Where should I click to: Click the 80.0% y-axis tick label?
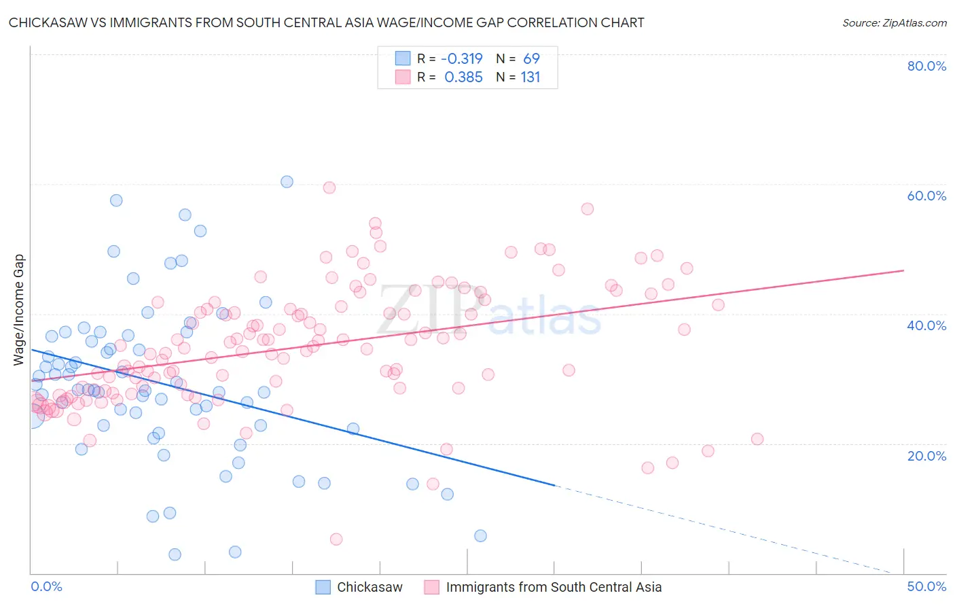click(x=926, y=66)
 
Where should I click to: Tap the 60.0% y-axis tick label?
click(x=926, y=196)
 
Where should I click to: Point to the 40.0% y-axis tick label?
click(x=926, y=325)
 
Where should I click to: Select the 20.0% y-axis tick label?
click(x=926, y=455)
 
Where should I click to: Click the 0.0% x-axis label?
click(x=46, y=586)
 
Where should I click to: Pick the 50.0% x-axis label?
click(x=926, y=586)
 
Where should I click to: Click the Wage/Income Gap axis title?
click(x=19, y=310)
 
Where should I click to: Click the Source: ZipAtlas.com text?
click(x=894, y=22)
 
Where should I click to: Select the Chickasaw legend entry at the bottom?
click(x=370, y=587)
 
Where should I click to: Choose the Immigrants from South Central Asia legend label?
click(x=554, y=587)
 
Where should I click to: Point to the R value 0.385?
click(x=463, y=77)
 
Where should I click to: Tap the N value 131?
click(x=530, y=77)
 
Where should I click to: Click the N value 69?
click(x=531, y=58)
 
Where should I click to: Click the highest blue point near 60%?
click(x=287, y=181)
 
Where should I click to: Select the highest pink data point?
click(x=329, y=188)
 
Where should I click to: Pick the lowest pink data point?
click(x=336, y=539)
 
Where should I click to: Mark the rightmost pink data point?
click(x=757, y=439)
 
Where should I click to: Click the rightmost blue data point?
click(x=480, y=535)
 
